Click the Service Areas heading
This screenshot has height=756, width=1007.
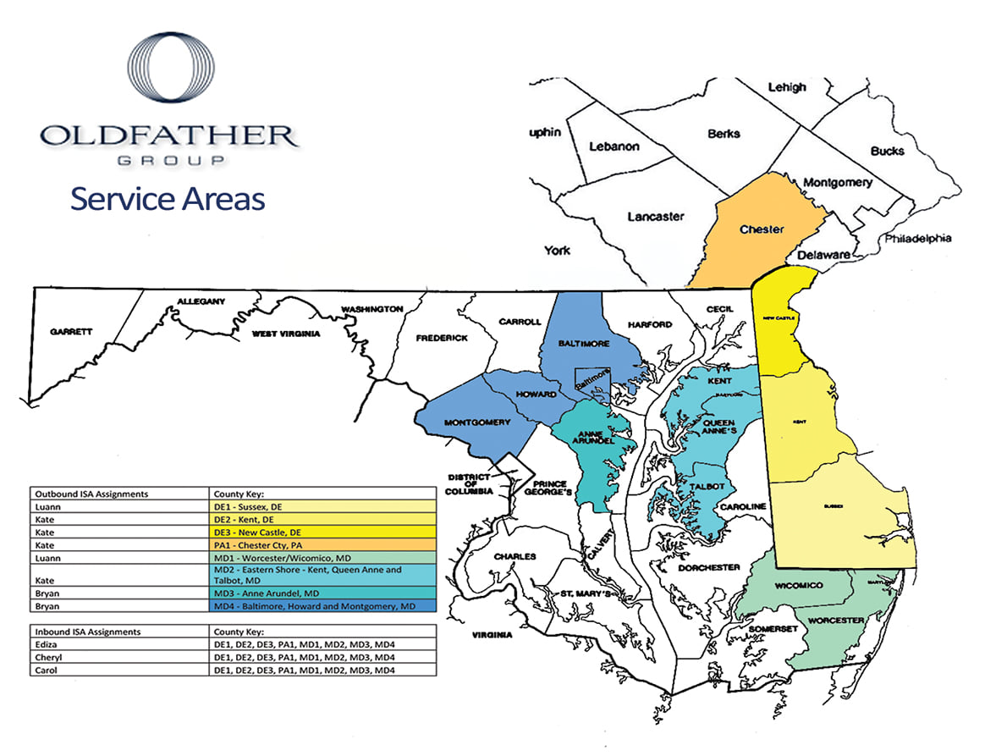click(x=168, y=199)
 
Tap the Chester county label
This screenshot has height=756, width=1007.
click(x=762, y=229)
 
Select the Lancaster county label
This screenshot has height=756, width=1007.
click(x=655, y=217)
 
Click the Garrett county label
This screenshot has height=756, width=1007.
click(x=71, y=332)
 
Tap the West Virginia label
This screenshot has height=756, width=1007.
click(x=286, y=334)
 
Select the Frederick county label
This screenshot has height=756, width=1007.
click(x=442, y=338)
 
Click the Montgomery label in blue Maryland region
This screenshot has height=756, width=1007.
click(x=477, y=422)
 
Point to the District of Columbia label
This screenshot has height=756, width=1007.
click(x=470, y=484)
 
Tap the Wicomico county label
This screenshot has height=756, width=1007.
click(x=798, y=586)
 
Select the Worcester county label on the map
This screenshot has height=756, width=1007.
click(x=835, y=621)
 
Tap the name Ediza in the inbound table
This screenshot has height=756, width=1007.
click(x=47, y=644)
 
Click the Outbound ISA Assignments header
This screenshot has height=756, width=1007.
click(x=91, y=493)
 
